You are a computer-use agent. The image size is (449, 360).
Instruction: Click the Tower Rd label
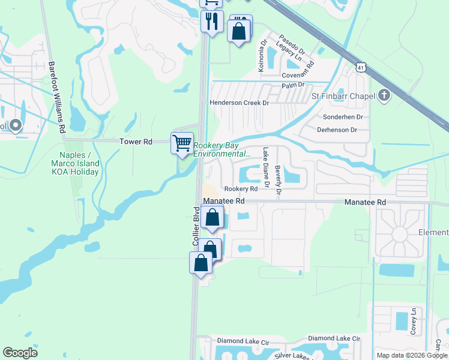(136, 142)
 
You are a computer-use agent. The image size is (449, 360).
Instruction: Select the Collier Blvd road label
(196, 227)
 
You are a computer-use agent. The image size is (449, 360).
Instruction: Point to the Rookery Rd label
(241, 189)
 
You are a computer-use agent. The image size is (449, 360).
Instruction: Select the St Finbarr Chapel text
(342, 96)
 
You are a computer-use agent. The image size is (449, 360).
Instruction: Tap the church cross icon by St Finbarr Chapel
(384, 95)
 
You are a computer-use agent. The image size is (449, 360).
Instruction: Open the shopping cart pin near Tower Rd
(182, 143)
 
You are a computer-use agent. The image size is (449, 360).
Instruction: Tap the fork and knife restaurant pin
(211, 22)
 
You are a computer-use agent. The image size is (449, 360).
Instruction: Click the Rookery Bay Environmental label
(221, 149)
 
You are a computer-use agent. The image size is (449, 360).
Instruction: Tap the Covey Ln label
(413, 321)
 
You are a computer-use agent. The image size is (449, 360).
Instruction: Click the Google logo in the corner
(20, 353)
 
